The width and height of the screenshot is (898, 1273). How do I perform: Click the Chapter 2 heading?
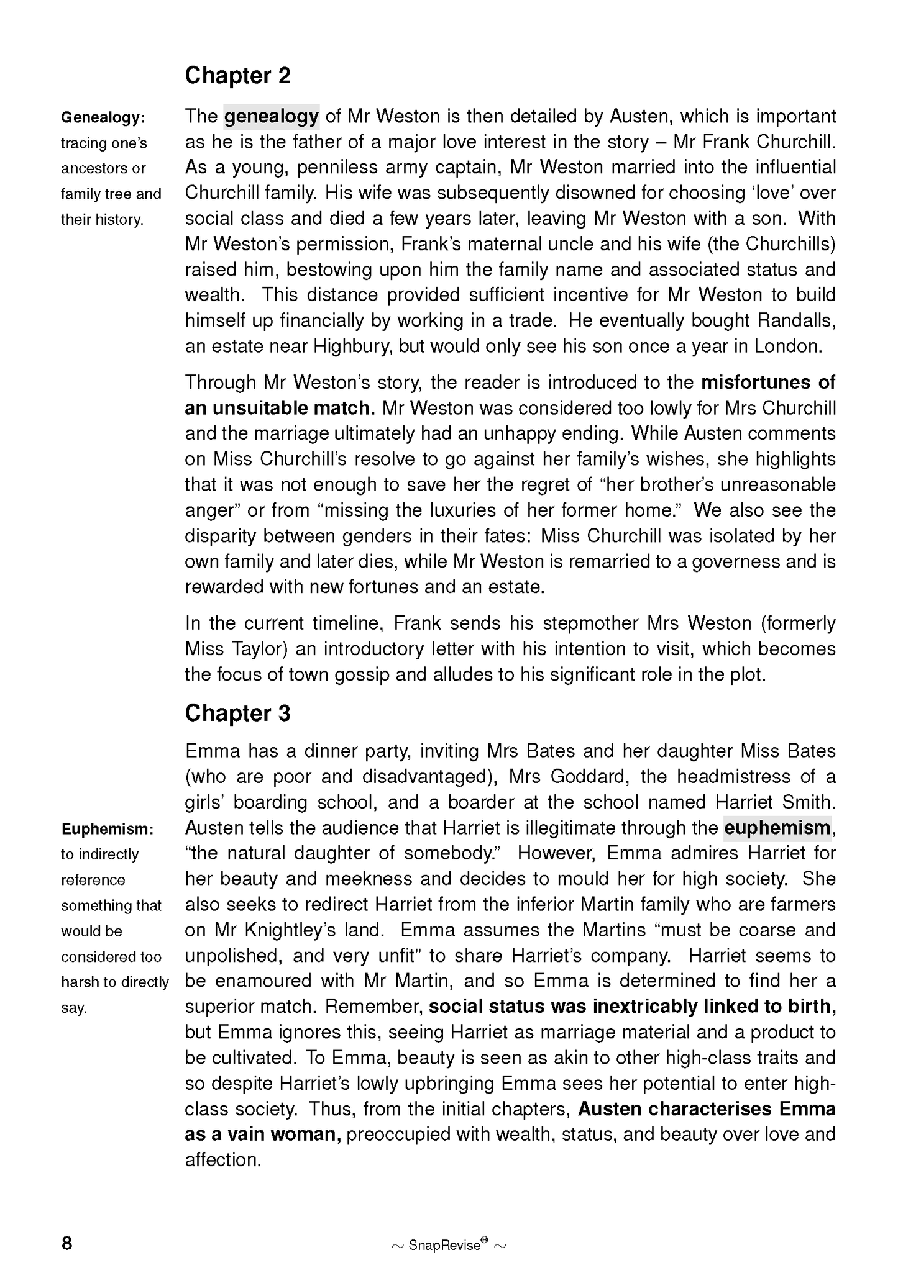click(238, 76)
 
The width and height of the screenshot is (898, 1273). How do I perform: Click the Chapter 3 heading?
click(238, 713)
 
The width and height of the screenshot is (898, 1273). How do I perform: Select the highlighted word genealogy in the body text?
click(272, 116)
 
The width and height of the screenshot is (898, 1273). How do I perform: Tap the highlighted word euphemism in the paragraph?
click(777, 828)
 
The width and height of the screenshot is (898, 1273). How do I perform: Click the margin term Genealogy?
click(103, 117)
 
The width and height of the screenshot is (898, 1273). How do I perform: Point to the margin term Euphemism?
click(107, 829)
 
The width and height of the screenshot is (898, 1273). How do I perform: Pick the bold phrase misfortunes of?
click(768, 383)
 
